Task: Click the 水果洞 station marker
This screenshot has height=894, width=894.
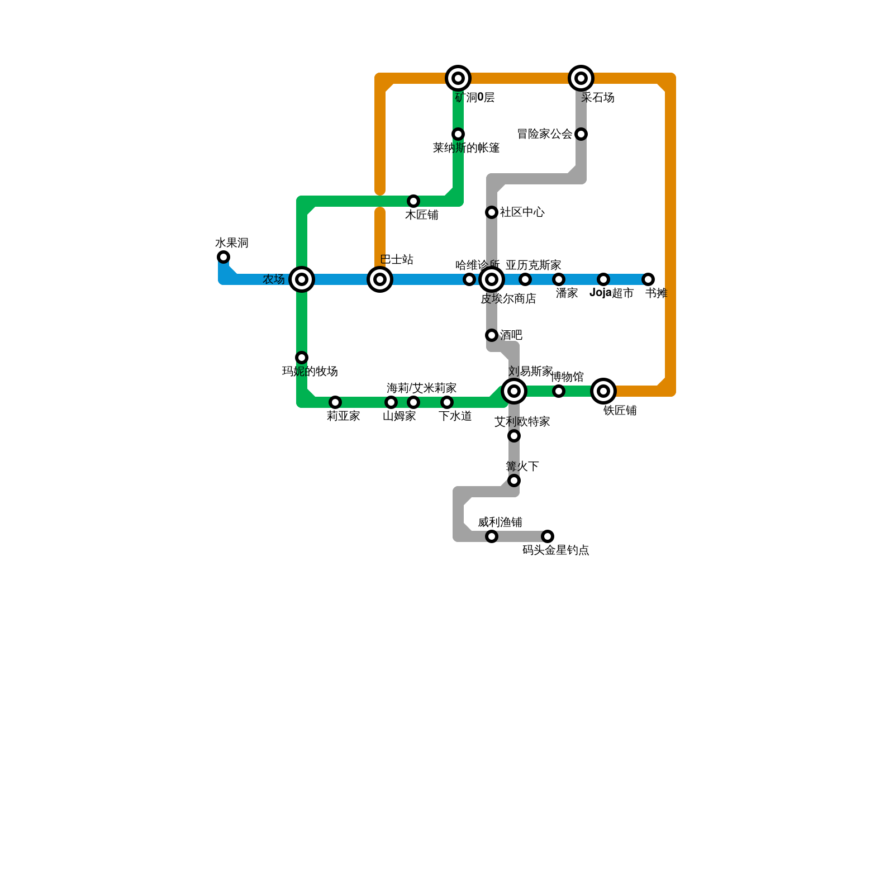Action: click(223, 257)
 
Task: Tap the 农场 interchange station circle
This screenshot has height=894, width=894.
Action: click(302, 279)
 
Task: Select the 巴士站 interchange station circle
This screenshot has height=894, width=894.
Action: click(380, 279)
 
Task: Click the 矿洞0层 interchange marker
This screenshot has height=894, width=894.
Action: click(458, 78)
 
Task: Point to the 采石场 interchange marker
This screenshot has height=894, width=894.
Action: click(581, 78)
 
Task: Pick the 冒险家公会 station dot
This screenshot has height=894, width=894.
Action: click(581, 134)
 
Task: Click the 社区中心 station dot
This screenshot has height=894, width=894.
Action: click(492, 212)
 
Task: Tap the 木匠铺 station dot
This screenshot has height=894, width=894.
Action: click(413, 201)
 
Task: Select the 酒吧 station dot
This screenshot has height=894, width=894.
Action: click(492, 335)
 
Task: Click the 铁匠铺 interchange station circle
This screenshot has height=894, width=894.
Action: click(603, 391)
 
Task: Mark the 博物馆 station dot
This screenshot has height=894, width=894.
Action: click(559, 391)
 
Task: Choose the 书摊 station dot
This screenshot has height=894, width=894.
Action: click(648, 279)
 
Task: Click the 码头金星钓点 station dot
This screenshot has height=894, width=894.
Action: click(548, 536)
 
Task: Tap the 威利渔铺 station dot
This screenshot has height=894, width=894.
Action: click(492, 536)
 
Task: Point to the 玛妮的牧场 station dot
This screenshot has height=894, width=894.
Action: click(302, 358)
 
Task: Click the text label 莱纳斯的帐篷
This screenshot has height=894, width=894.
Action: click(466, 148)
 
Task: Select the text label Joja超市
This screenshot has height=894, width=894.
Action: click(611, 293)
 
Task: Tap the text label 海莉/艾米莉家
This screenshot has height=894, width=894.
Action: click(421, 388)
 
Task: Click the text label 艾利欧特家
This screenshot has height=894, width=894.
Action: click(522, 422)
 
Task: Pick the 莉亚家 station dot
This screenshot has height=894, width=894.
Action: click(335, 402)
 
